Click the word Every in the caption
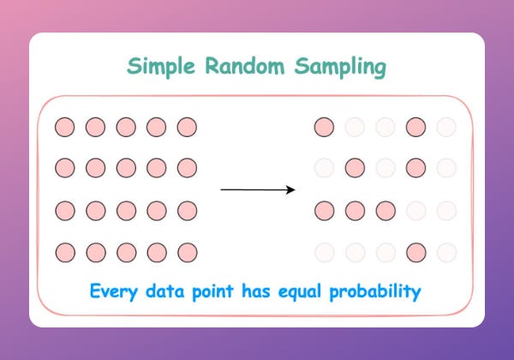(x=118, y=292)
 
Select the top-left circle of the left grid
(x=64, y=128)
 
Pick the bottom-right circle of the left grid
(x=187, y=253)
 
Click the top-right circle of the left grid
(x=187, y=128)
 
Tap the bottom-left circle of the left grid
(x=64, y=253)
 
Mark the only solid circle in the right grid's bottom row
(x=415, y=253)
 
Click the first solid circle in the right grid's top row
(x=324, y=128)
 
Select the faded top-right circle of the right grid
(x=446, y=128)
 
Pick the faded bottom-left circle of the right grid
(x=324, y=253)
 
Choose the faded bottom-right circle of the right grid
(x=446, y=253)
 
